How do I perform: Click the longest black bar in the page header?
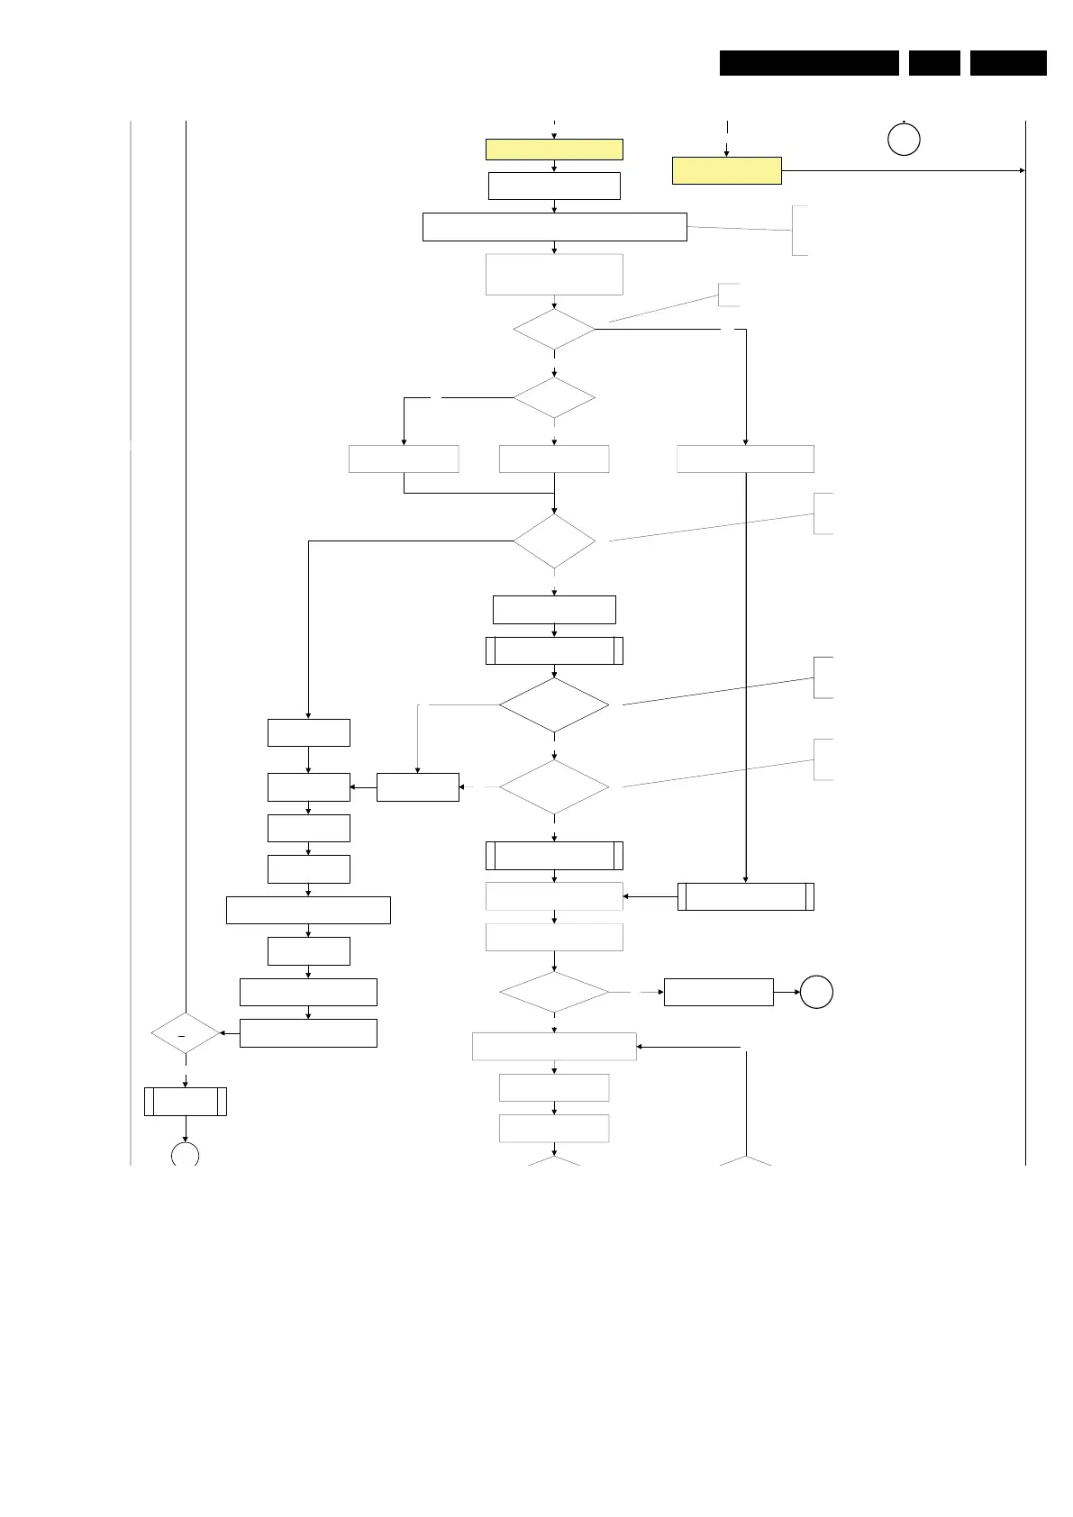click(x=809, y=63)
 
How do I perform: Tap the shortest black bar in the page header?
click(x=934, y=63)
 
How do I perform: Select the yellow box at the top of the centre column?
click(x=554, y=150)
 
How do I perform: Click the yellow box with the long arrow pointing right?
click(x=726, y=170)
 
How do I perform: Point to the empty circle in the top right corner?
click(x=904, y=140)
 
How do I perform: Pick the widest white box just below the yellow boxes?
click(x=554, y=227)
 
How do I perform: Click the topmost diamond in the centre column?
click(x=554, y=330)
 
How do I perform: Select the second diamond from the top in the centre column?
click(x=554, y=397)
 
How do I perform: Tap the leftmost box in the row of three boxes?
click(x=404, y=459)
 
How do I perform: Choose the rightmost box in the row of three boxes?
click(x=745, y=459)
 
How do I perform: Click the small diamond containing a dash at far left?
click(x=186, y=1033)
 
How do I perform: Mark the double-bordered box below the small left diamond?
click(x=186, y=1102)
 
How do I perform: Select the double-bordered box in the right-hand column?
click(x=745, y=896)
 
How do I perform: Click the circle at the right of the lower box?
click(x=816, y=992)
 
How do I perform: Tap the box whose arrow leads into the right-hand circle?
click(x=718, y=992)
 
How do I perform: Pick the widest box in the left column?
click(x=308, y=910)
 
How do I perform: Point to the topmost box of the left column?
click(x=308, y=732)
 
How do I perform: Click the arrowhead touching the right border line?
click(x=1021, y=170)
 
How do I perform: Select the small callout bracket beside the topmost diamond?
click(x=728, y=295)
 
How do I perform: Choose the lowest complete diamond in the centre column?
click(x=554, y=992)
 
